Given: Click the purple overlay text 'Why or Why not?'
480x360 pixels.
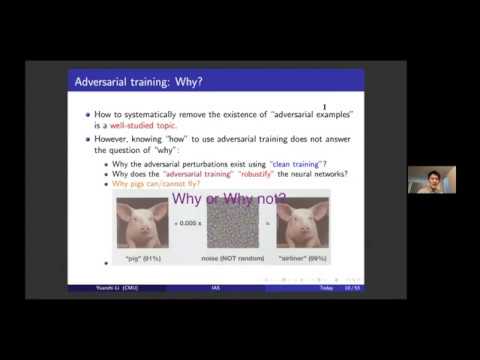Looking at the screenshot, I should coord(230,199).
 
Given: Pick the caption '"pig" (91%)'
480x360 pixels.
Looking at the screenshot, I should coord(139,259).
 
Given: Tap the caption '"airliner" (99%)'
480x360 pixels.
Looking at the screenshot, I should coord(305,259).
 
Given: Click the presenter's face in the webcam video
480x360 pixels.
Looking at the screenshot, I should coord(432,180).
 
